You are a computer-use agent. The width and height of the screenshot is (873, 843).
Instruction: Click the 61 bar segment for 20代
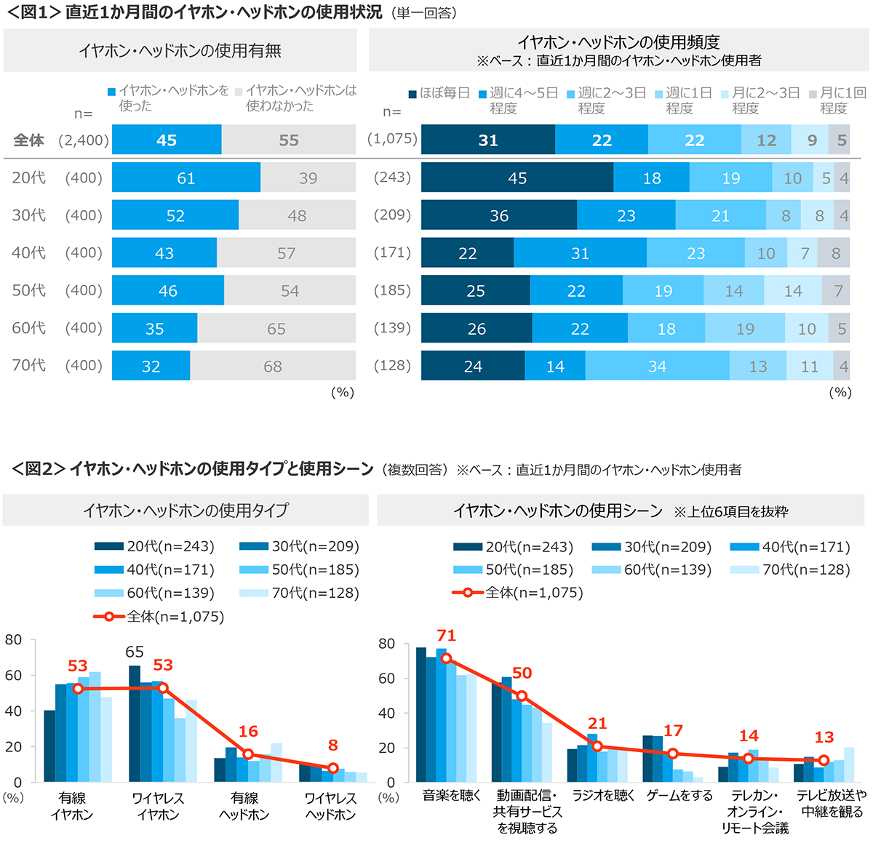[x=186, y=178]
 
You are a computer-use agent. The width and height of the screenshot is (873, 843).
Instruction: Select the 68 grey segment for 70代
[x=273, y=366]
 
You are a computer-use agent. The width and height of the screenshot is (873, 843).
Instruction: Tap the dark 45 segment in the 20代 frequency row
[x=517, y=178]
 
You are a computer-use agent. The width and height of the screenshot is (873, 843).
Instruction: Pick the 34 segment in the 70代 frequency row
[x=657, y=366]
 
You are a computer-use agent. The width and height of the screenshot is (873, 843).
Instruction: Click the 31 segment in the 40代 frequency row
[x=580, y=253]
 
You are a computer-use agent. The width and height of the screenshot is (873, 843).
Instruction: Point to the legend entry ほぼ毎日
[x=439, y=94]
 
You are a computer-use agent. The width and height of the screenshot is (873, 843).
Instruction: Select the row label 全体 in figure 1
[x=29, y=140]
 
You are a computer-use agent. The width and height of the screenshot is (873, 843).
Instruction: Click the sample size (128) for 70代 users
[x=392, y=365]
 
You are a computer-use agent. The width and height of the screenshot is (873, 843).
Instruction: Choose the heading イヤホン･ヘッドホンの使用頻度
[x=618, y=42]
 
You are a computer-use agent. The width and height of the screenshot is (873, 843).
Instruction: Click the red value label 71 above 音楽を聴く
[x=446, y=636]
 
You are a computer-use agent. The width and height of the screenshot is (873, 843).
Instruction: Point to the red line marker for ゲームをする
[x=673, y=754]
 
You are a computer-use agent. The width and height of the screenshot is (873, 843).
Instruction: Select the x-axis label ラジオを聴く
[x=603, y=796]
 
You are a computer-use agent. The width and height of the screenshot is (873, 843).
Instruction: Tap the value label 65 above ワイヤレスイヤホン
[x=135, y=652]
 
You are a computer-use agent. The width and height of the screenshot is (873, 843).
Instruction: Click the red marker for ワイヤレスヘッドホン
[x=332, y=768]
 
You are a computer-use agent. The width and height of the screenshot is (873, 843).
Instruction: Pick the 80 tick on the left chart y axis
[x=13, y=640]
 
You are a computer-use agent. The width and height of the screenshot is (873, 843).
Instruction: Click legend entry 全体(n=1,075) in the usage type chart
[x=160, y=617]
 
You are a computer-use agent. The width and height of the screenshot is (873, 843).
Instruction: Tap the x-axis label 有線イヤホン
[x=72, y=806]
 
